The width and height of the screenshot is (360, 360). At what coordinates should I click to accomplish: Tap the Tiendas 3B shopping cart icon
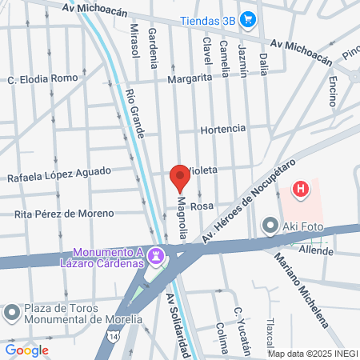click(248, 19)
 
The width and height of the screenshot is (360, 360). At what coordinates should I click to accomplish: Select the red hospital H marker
click(300, 190)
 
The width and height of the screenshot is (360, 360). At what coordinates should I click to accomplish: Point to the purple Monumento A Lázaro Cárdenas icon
click(158, 257)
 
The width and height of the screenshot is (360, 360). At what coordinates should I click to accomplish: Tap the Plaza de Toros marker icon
click(11, 311)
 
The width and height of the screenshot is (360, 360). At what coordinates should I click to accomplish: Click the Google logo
click(27, 350)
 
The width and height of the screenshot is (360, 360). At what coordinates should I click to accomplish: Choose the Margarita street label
click(189, 78)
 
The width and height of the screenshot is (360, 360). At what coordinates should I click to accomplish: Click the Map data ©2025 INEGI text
click(312, 354)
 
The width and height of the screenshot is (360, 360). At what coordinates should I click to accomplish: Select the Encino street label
click(333, 93)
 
